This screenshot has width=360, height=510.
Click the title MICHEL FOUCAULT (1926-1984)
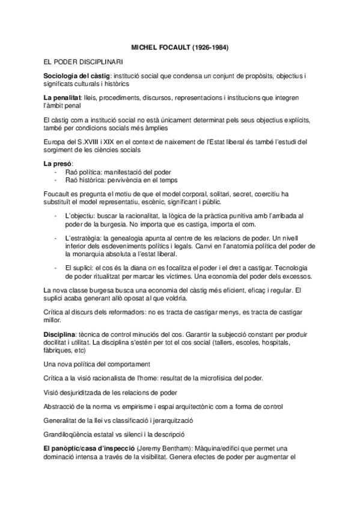click(x=180, y=46)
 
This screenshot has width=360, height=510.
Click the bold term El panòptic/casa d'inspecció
click(x=89, y=448)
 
